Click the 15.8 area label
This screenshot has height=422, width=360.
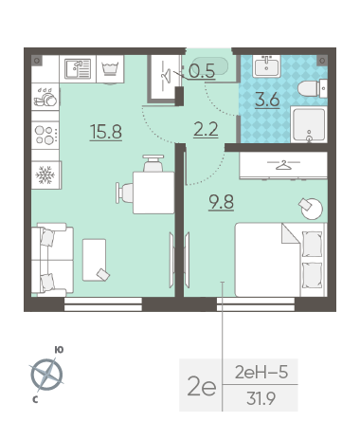coord(106,132)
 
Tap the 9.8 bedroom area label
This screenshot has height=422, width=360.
coord(221,202)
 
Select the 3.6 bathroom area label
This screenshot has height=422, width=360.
coord(267,101)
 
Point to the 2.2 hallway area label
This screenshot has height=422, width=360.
coord(206,129)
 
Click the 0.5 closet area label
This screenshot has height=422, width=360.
coord(202,71)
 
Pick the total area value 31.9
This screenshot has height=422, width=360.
coord(261,398)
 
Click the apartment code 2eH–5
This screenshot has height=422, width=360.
coord(261,373)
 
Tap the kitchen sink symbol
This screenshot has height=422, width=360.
coord(78,68)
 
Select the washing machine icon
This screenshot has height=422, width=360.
coord(110,69)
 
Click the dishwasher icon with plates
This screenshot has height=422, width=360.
coord(45,97)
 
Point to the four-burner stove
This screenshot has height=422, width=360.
coord(45,135)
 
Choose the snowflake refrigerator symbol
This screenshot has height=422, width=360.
coord(45,175)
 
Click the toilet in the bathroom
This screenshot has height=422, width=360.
coord(313,89)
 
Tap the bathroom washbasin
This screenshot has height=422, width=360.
coord(266,66)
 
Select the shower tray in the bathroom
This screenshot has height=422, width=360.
coord(309,124)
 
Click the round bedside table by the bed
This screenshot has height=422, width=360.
coord(312,209)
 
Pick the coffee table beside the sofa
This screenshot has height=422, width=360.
coord(95,260)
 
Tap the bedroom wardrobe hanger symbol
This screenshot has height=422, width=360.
coord(283,165)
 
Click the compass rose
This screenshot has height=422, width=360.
coord(46,375)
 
